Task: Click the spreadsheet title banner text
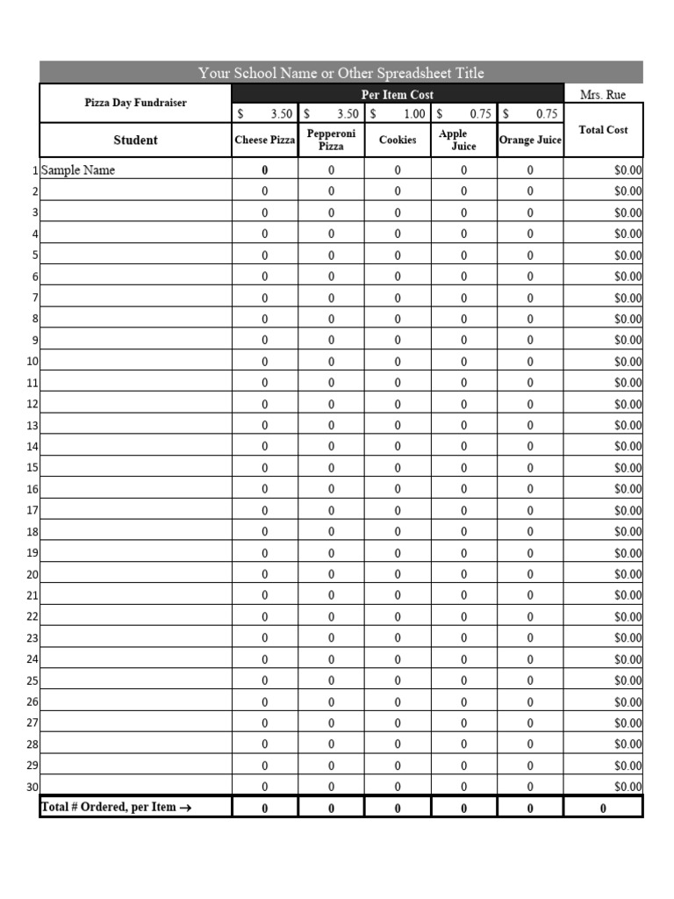[341, 73]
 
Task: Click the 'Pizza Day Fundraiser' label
[135, 103]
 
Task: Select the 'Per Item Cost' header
[397, 95]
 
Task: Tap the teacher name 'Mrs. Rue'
[603, 95]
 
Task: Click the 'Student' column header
[135, 140]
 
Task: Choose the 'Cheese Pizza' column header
[265, 140]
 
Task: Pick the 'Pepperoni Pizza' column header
[331, 140]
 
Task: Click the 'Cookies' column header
[398, 140]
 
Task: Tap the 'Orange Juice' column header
[530, 140]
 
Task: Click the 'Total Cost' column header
[603, 130]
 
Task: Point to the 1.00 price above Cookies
[413, 114]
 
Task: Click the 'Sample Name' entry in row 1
[78, 170]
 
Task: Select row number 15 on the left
[32, 468]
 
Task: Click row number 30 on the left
[32, 788]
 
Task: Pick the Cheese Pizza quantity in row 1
[265, 170]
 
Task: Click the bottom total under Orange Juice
[530, 808]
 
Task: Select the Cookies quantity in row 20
[398, 575]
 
